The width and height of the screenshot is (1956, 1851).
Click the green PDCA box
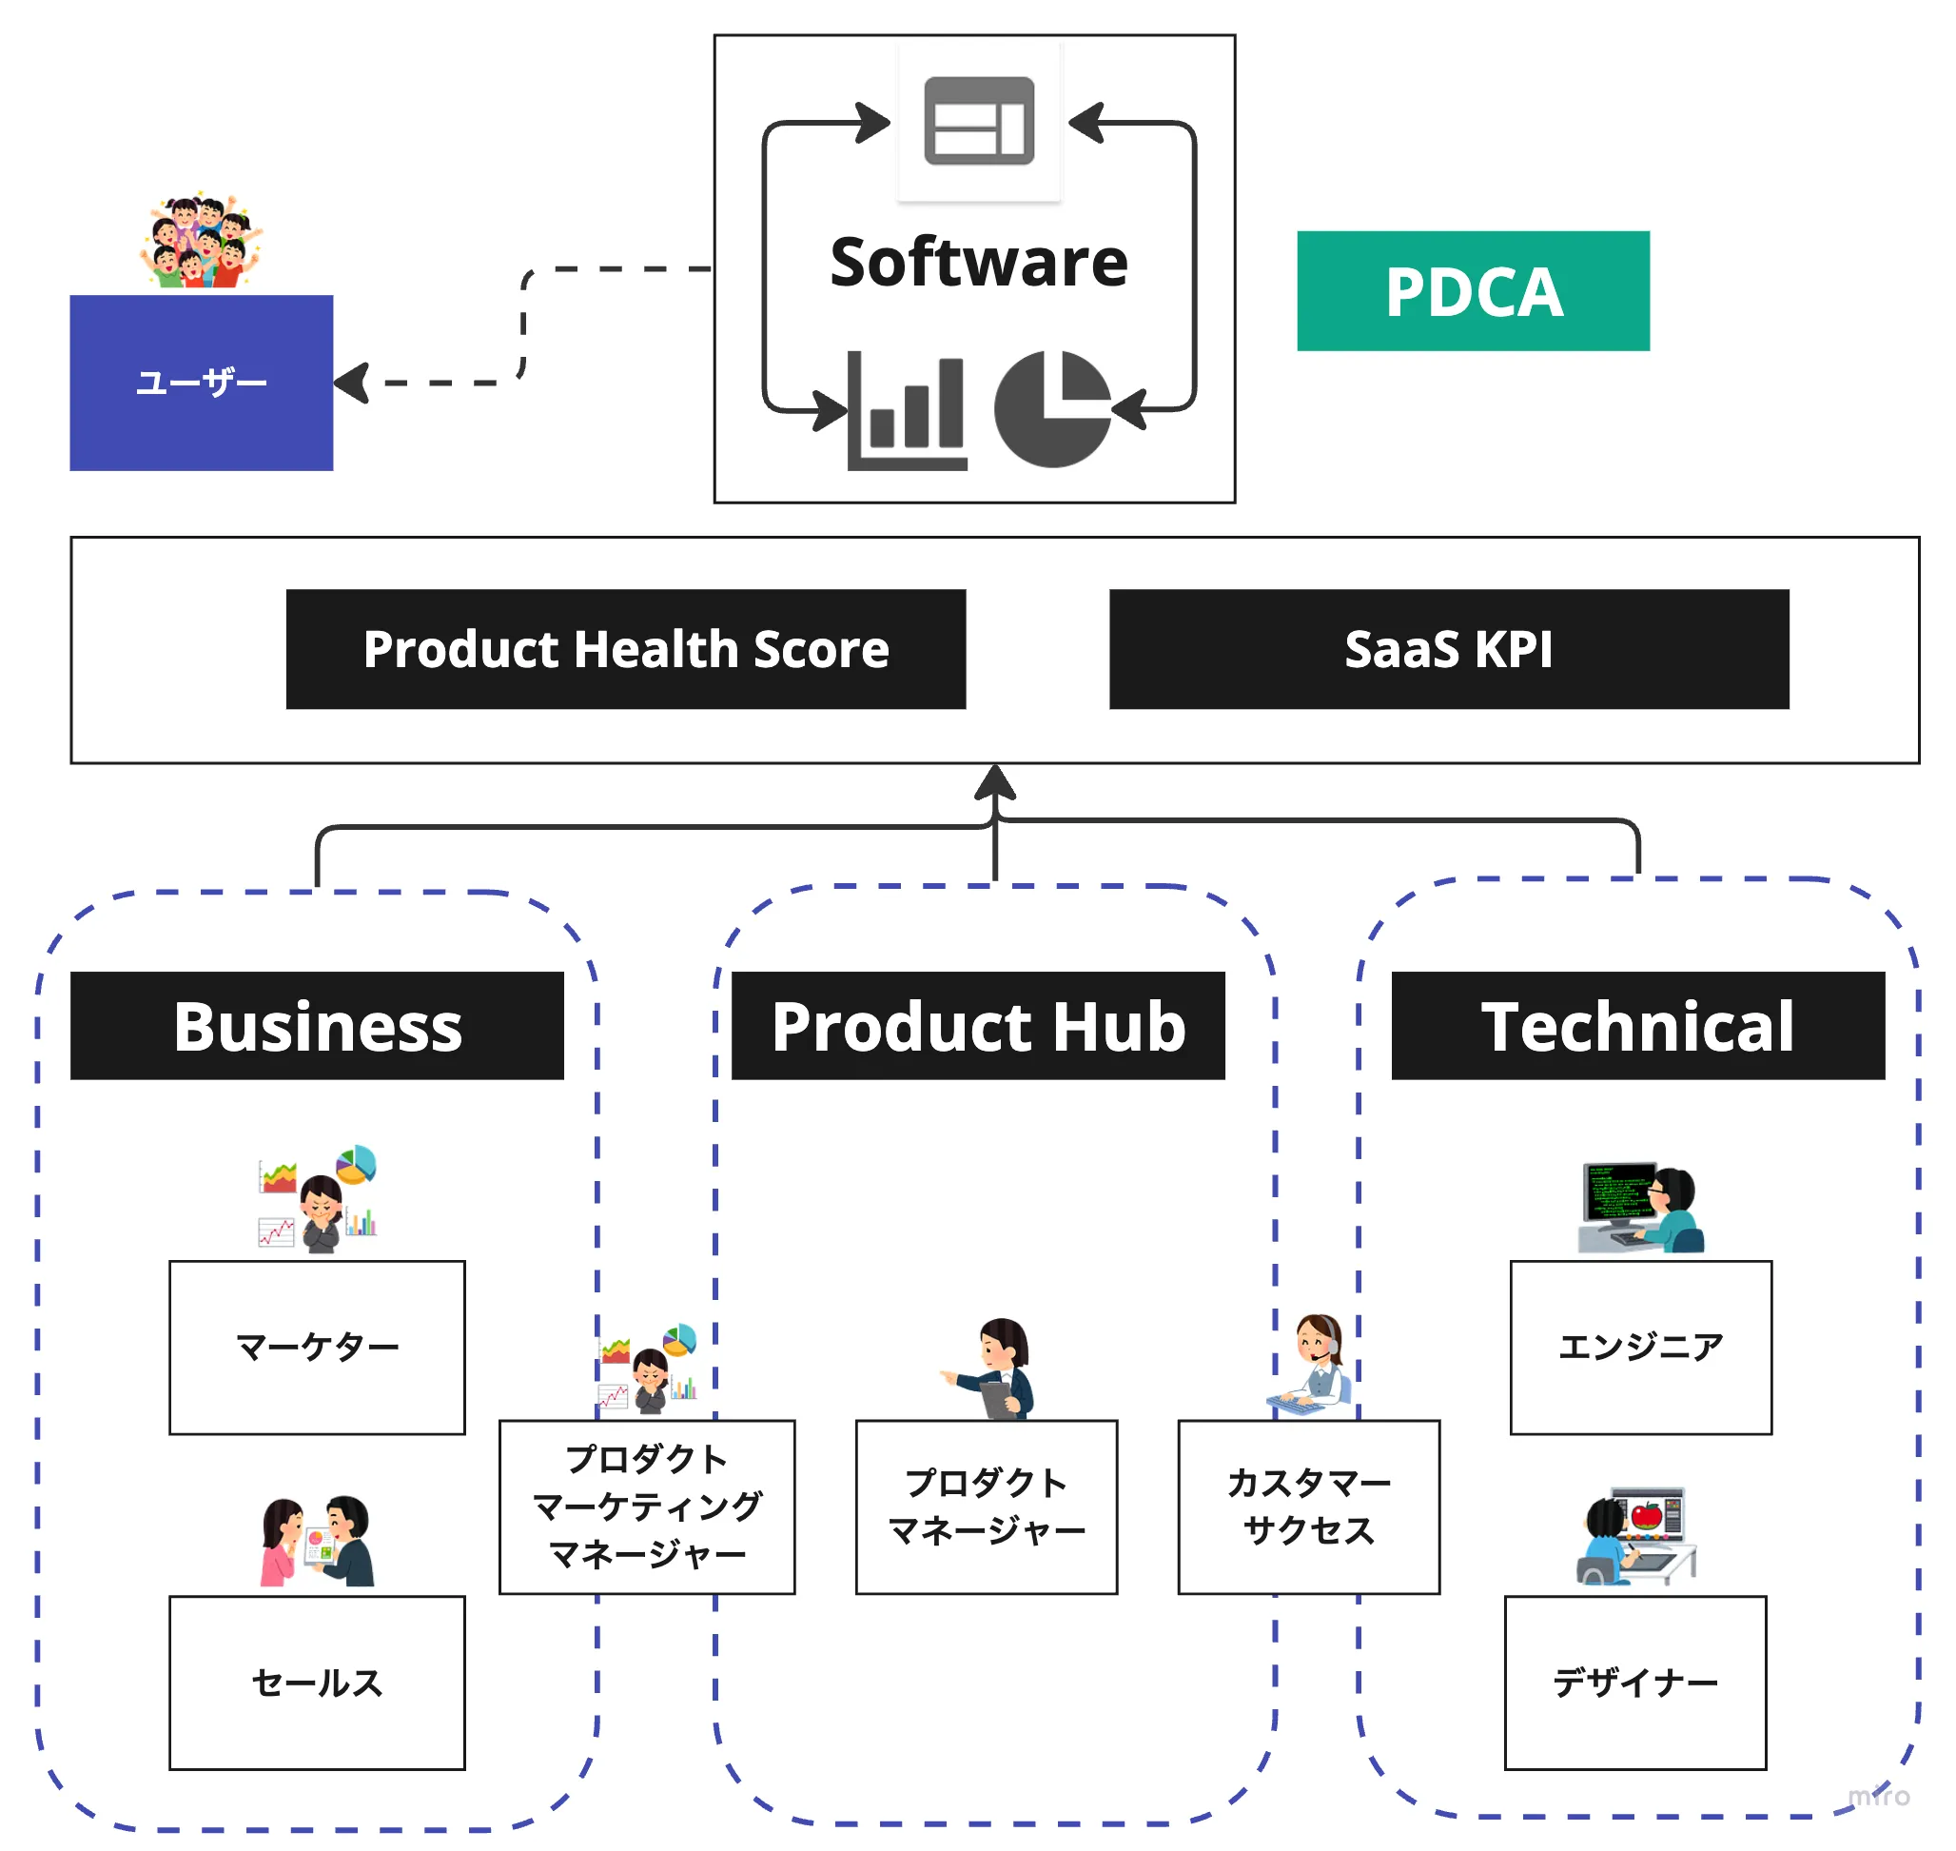pos(1472,291)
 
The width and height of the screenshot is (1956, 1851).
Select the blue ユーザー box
pos(202,382)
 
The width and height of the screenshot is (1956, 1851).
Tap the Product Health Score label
pos(625,649)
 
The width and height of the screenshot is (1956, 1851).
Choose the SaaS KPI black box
pos(1448,649)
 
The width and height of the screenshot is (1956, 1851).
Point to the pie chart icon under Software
pos(1051,408)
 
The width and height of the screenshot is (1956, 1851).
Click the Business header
pos(317,1026)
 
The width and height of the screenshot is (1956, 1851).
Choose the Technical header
pos(1637,1026)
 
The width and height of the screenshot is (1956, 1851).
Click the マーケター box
pos(317,1347)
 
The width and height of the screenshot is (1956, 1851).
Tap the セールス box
pos(317,1683)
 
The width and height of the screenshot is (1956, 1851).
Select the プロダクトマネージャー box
pos(986,1506)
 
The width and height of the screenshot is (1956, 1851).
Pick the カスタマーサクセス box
pos(1308,1506)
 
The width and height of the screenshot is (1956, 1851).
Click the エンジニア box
pos(1640,1347)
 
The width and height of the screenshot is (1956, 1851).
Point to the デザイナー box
pos(1634,1683)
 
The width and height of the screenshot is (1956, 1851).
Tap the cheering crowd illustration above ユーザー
pos(202,242)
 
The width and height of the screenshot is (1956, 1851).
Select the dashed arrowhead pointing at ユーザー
pos(352,383)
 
